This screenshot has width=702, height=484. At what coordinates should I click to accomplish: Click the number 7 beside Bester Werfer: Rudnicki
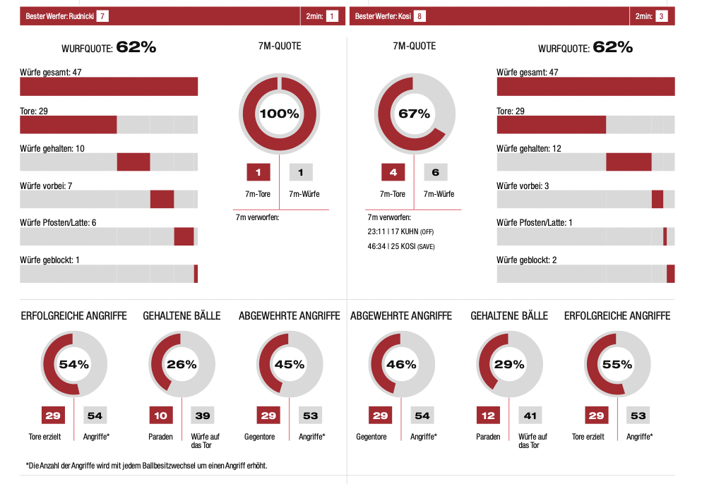tap(102, 16)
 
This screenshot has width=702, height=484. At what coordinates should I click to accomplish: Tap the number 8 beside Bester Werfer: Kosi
tap(420, 16)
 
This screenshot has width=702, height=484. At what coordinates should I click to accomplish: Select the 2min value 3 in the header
tap(661, 16)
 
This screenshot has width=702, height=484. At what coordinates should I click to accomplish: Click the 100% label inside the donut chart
tap(280, 114)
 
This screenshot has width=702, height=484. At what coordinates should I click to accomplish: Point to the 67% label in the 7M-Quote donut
tap(414, 114)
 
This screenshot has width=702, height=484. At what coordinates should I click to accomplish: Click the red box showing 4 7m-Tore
tap(393, 172)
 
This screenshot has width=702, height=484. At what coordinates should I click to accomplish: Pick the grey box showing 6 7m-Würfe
tap(436, 172)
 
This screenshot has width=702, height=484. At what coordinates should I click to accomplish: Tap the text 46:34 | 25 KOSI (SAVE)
tap(400, 246)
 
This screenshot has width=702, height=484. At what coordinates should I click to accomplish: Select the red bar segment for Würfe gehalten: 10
tap(133, 162)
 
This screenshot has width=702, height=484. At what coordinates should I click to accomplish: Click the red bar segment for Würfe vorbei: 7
tap(162, 199)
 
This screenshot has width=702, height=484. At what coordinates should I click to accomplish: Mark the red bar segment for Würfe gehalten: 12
tap(629, 162)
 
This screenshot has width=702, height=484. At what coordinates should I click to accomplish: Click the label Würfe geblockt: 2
tap(527, 260)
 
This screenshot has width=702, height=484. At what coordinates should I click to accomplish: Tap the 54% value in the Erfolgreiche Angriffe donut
tap(74, 365)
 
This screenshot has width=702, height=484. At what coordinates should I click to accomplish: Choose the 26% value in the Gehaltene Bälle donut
tap(182, 365)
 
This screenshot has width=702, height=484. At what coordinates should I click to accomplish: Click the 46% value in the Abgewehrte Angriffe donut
tap(401, 365)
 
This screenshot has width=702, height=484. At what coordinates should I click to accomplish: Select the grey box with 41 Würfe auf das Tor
tap(530, 416)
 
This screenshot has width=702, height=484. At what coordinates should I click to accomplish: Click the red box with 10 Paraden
tap(160, 416)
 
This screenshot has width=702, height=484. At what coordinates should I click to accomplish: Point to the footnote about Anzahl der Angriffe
tap(146, 466)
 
